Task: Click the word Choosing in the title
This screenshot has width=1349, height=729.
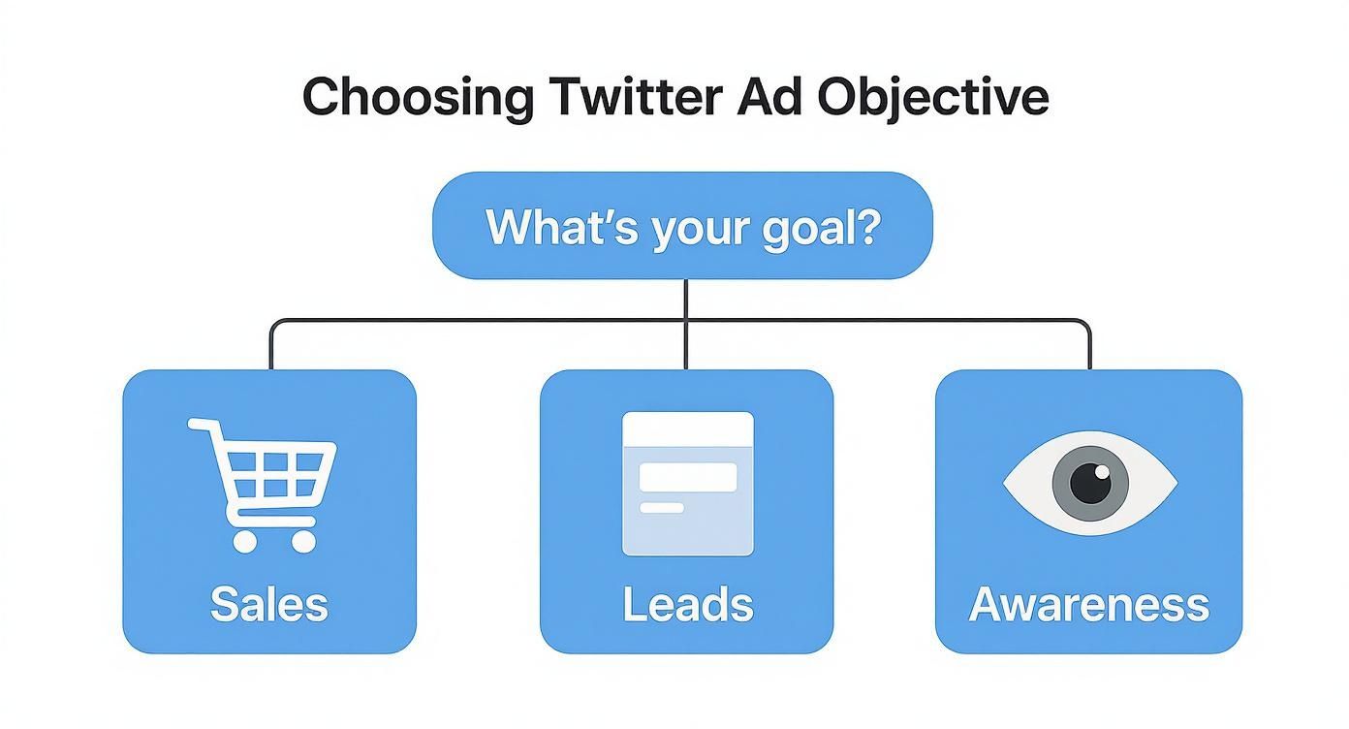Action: pos(417,98)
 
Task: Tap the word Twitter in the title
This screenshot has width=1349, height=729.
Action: pos(635,98)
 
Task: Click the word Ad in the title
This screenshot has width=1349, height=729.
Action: pos(771,98)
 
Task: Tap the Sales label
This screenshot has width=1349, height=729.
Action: pos(269,604)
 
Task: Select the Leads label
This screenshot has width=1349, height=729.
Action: pos(687,604)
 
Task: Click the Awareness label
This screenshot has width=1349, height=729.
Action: pos(1088,604)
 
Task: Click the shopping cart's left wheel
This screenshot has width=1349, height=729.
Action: pos(245,541)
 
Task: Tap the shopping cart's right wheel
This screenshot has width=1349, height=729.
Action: pos(303,541)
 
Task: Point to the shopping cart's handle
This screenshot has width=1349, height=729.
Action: pos(199,424)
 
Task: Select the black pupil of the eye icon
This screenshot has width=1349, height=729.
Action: pos(1091,483)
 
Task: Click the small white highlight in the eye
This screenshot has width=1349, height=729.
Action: pos(1101,472)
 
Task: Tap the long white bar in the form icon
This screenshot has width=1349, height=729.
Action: pos(687,476)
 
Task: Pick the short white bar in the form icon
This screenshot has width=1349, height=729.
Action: pos(662,507)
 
